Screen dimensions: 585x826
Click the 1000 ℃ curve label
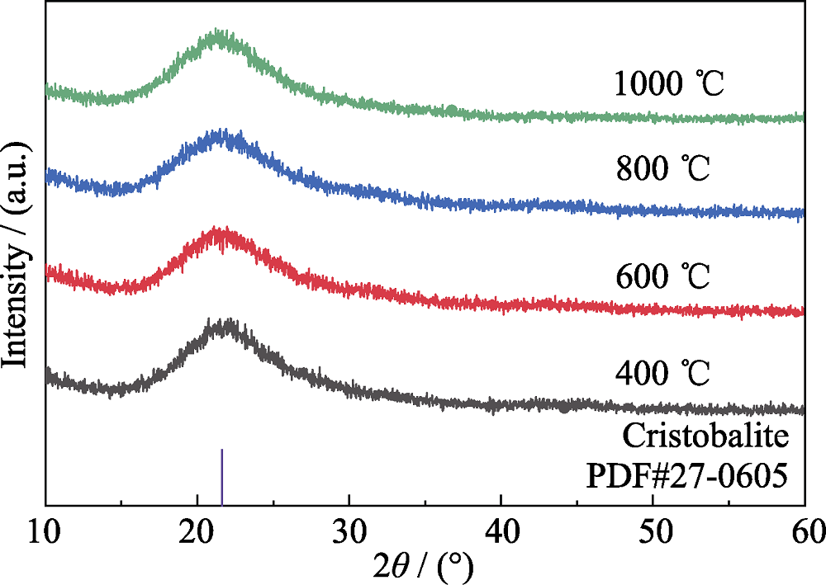(668, 84)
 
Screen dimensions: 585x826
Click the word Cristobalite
(713, 435)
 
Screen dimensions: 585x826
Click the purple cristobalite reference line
(222, 476)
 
